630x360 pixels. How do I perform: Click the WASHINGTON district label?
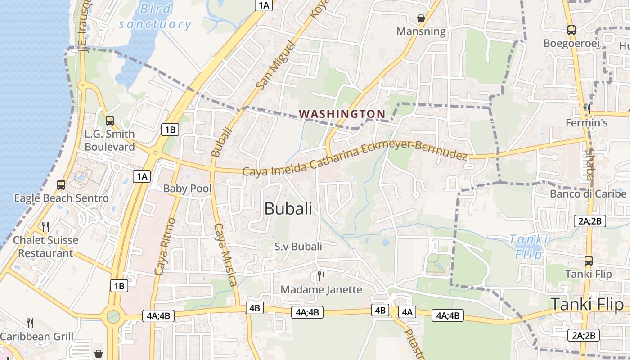click(342, 114)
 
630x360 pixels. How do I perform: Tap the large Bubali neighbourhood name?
click(288, 208)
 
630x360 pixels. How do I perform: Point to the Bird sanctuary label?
click(155, 16)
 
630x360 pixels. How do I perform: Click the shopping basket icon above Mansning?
click(421, 18)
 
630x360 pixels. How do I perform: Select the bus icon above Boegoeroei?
click(571, 30)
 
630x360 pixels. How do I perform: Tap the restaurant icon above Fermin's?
click(586, 109)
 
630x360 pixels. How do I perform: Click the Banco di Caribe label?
click(588, 194)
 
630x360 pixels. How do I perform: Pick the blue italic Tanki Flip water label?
click(529, 246)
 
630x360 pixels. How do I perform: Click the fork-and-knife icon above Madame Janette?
click(321, 275)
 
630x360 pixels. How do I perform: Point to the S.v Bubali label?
click(298, 246)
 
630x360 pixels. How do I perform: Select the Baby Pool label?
click(187, 189)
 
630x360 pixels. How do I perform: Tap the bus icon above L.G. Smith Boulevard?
click(109, 120)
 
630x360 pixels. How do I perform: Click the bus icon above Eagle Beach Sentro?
click(61, 184)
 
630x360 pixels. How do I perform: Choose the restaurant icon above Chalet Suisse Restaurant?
click(45, 226)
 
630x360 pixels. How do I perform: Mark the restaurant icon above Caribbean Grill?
click(30, 323)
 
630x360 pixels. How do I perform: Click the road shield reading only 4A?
click(407, 312)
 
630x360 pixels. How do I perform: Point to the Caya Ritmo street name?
click(164, 246)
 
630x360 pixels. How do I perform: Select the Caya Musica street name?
click(225, 254)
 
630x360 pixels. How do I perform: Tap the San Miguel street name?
click(275, 64)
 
